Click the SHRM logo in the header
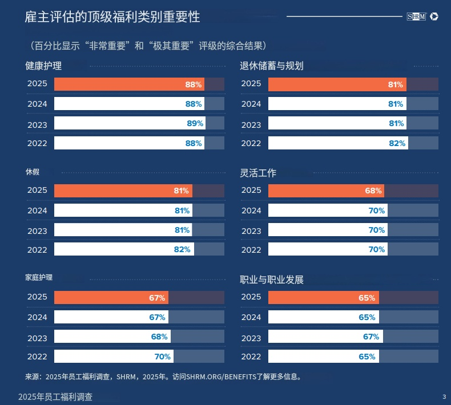pyautogui.click(x=417, y=17)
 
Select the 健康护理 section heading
pyautogui.click(x=43, y=66)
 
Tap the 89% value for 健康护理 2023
pyautogui.click(x=195, y=123)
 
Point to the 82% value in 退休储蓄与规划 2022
pyautogui.click(x=397, y=143)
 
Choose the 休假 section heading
pyautogui.click(x=32, y=172)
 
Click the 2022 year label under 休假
pyautogui.click(x=37, y=250)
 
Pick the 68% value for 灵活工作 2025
pyautogui.click(x=373, y=191)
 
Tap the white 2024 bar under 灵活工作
pyautogui.click(x=320, y=210)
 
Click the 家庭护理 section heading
pyautogui.click(x=39, y=278)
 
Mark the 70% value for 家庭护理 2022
pyautogui.click(x=162, y=357)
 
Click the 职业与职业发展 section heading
pyautogui.click(x=271, y=280)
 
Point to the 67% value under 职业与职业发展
pyautogui.click(x=371, y=337)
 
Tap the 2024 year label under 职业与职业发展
pyautogui.click(x=251, y=317)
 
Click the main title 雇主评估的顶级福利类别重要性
pyautogui.click(x=112, y=17)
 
